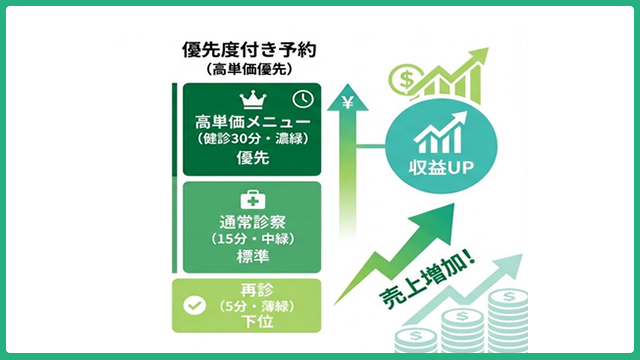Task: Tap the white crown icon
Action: click(253, 99)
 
